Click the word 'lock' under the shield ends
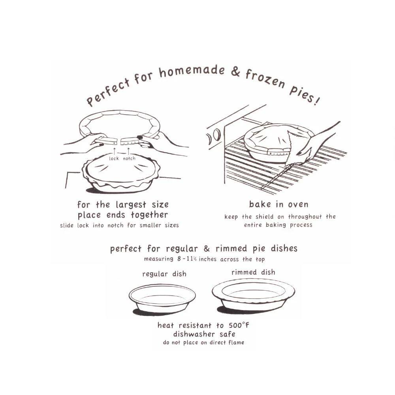click(x=114, y=158)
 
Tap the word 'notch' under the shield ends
click(x=129, y=158)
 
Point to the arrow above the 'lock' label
click(x=115, y=151)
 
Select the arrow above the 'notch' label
click(x=128, y=151)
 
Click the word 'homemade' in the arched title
click(x=192, y=71)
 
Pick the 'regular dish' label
click(x=164, y=274)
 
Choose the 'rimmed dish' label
click(x=253, y=272)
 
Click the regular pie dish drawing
click(x=162, y=299)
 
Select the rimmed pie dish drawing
click(x=254, y=295)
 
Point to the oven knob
click(x=217, y=135)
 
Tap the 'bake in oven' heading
click(x=278, y=204)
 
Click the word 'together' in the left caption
click(x=149, y=215)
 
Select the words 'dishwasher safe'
click(x=204, y=334)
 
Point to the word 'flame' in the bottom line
click(x=236, y=342)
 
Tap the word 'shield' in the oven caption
click(x=265, y=216)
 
